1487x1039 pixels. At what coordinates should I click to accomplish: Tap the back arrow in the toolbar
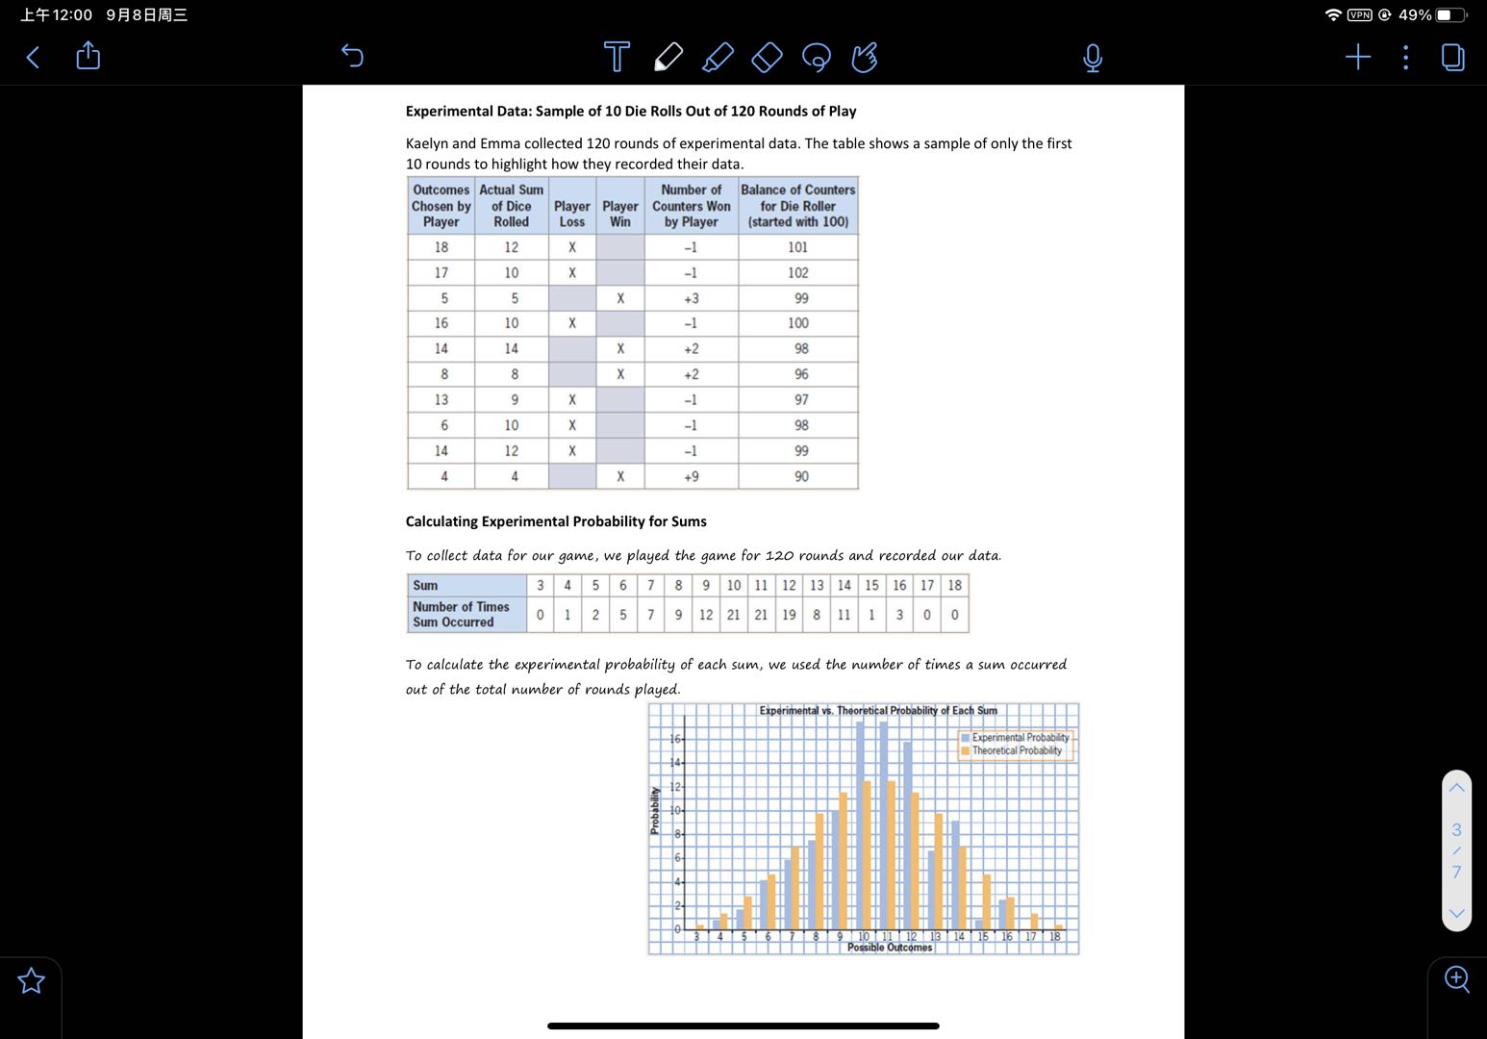(33, 58)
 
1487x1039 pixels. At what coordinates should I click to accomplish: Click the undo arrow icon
(352, 57)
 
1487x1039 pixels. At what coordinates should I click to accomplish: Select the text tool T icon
(617, 57)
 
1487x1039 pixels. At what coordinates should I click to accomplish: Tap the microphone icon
(1092, 58)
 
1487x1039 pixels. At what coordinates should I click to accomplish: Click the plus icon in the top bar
(1357, 58)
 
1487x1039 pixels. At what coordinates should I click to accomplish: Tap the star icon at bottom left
(32, 980)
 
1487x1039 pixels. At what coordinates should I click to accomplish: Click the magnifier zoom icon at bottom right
(1456, 979)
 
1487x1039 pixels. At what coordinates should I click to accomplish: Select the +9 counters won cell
(691, 476)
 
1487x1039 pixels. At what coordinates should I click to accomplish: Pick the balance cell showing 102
(797, 273)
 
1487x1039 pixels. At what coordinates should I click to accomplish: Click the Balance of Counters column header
(797, 206)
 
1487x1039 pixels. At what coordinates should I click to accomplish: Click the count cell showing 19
(789, 615)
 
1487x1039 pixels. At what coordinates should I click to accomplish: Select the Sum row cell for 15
(871, 586)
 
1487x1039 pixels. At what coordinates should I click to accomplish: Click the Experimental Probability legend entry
(1019, 738)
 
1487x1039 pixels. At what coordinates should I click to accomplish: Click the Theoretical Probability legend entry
(1016, 751)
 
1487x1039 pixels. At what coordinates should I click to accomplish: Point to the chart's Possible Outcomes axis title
(890, 948)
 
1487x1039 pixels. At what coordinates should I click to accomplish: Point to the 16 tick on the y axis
(675, 739)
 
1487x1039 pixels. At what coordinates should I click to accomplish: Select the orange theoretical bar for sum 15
(987, 901)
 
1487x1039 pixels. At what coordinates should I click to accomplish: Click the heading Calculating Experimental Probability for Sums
(556, 521)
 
